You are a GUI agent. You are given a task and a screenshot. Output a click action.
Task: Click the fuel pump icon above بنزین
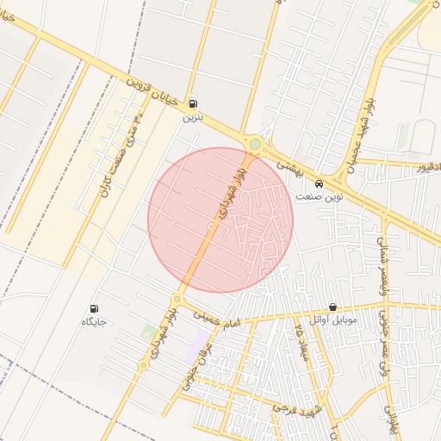191,102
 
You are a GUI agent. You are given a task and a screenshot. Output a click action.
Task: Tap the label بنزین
191,116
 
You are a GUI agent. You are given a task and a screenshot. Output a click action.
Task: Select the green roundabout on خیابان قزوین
254,144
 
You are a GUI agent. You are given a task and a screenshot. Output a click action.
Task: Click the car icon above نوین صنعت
320,183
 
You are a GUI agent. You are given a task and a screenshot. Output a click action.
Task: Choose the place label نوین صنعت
320,197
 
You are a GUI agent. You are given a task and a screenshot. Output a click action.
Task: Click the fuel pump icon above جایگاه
94,308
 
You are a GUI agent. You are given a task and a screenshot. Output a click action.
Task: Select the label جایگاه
94,322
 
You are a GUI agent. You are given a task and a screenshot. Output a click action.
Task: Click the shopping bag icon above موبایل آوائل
332,307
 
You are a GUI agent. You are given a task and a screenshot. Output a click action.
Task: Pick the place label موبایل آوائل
332,320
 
